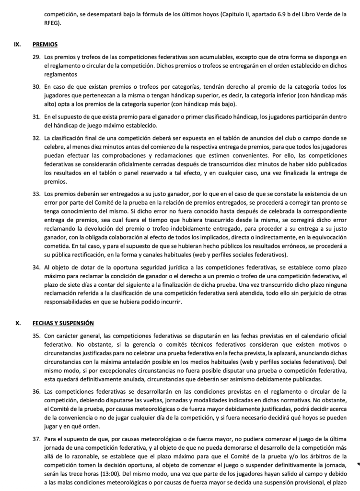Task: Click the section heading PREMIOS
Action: (45, 45)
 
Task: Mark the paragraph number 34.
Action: (36, 267)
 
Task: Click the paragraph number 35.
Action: (36, 336)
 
